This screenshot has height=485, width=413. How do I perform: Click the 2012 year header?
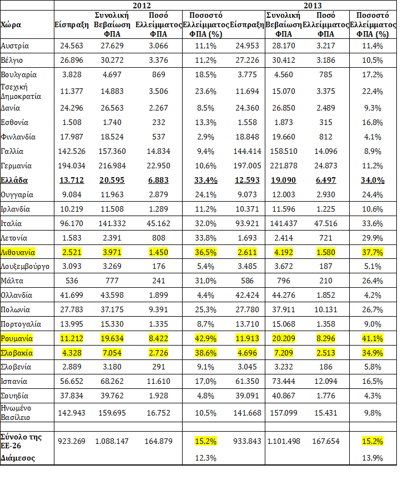coord(142,6)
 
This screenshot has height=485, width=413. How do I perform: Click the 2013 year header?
coord(313,6)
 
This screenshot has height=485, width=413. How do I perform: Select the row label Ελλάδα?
coord(14,180)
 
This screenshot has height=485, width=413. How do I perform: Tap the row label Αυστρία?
coord(14,46)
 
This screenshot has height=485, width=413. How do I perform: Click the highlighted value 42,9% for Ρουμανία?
coord(205,338)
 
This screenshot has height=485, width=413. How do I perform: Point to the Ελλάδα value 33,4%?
coord(205,180)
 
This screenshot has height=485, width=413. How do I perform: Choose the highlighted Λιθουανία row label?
coord(18,252)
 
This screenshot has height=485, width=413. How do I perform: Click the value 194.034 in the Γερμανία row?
coord(72,166)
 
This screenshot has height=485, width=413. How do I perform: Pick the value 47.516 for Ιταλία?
coord(325,224)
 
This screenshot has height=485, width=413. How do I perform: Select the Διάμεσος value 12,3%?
coord(205,458)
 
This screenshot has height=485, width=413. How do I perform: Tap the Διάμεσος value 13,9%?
coord(372,458)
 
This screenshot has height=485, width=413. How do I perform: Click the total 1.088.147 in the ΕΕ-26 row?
coord(112,441)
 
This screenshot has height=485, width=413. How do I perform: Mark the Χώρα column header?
coord(11,25)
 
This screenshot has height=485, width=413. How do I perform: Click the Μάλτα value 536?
coord(72,281)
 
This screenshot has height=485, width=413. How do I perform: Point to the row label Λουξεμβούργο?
coord(25,267)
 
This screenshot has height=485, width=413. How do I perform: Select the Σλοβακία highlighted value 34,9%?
coord(372,353)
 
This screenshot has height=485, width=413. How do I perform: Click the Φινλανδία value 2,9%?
coord(205,137)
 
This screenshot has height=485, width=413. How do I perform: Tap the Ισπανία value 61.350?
coord(247,381)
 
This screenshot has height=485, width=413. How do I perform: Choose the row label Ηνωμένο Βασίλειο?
coord(16,413)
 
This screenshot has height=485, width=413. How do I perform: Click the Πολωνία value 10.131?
coord(325,309)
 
